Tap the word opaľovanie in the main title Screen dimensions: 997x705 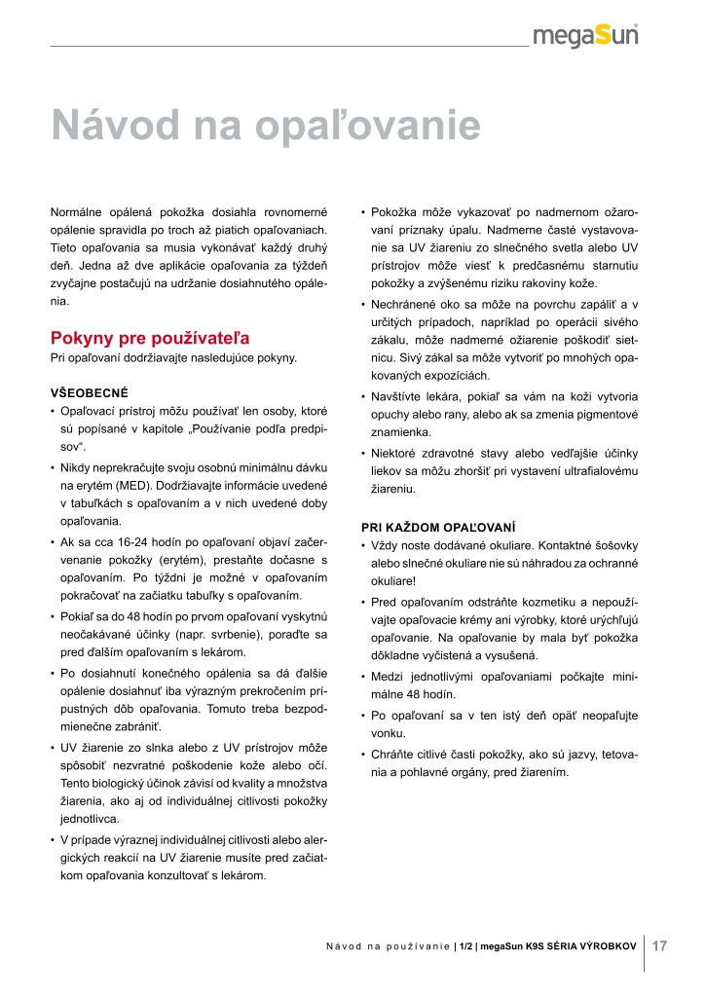click(371, 127)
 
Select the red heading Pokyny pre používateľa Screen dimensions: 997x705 click(150, 339)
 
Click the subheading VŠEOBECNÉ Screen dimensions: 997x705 click(90, 394)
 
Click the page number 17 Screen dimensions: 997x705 click(659, 944)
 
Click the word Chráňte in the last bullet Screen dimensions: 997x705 click(393, 754)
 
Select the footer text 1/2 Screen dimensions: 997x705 click(466, 945)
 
